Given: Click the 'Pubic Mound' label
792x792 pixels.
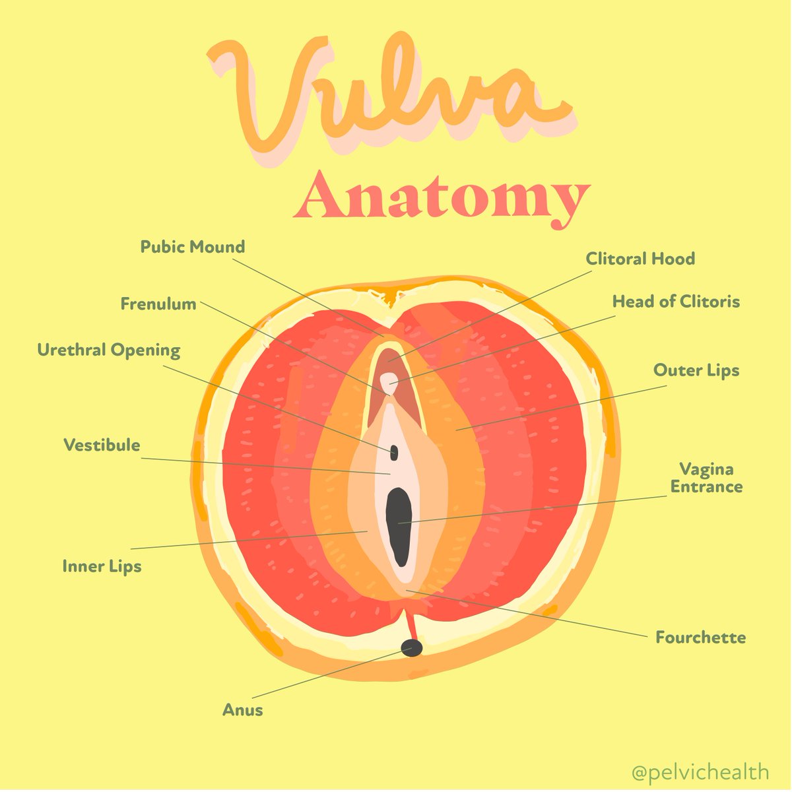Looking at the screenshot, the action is tap(192, 247).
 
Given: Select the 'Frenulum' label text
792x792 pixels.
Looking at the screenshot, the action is tap(158, 304).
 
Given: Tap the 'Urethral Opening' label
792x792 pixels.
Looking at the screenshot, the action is tap(108, 350).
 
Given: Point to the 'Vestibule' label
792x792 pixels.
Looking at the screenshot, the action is tap(102, 445).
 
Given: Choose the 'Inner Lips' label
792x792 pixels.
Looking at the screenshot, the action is tap(102, 566).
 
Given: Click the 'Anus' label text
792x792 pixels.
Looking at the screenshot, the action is tap(242, 710).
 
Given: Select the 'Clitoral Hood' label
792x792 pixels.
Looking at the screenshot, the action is tap(640, 258).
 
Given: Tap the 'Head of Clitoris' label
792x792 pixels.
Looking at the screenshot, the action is tap(676, 302).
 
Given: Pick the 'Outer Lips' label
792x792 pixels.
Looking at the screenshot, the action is tap(696, 370).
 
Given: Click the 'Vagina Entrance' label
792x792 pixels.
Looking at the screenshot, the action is tap(706, 478).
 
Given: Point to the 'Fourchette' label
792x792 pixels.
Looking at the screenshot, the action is tap(700, 638).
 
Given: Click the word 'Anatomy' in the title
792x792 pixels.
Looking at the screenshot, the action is tap(441, 196).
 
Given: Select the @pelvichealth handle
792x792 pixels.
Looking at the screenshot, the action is tap(700, 771).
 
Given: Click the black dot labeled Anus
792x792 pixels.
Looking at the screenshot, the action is tap(412, 647).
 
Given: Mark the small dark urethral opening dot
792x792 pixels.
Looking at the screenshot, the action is tap(394, 452).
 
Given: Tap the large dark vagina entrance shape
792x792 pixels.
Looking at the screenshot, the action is tap(399, 525).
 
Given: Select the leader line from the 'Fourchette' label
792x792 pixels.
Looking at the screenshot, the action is tap(528, 614).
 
